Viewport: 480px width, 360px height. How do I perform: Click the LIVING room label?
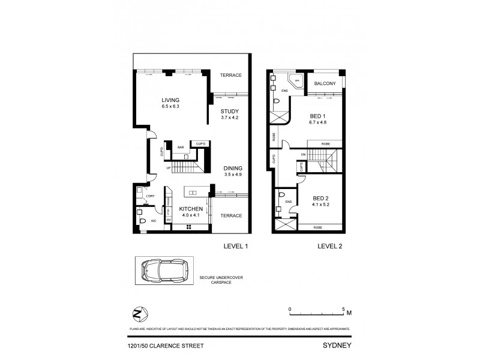click(x=170, y=100)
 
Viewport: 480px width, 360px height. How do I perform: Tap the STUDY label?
click(x=229, y=111)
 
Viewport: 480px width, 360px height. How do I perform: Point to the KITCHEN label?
click(x=192, y=208)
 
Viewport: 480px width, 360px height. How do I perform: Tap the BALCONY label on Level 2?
click(x=324, y=84)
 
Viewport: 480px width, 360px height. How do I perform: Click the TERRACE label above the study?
click(x=230, y=75)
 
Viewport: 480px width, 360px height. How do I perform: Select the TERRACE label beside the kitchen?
click(x=230, y=215)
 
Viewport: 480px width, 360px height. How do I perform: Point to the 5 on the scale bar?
click(x=343, y=309)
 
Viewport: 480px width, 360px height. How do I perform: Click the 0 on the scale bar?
click(x=289, y=309)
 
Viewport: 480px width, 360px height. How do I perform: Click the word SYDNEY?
click(x=336, y=346)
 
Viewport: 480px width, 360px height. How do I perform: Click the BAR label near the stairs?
click(x=180, y=147)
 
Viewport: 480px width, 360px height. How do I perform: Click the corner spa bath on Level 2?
click(x=295, y=82)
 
